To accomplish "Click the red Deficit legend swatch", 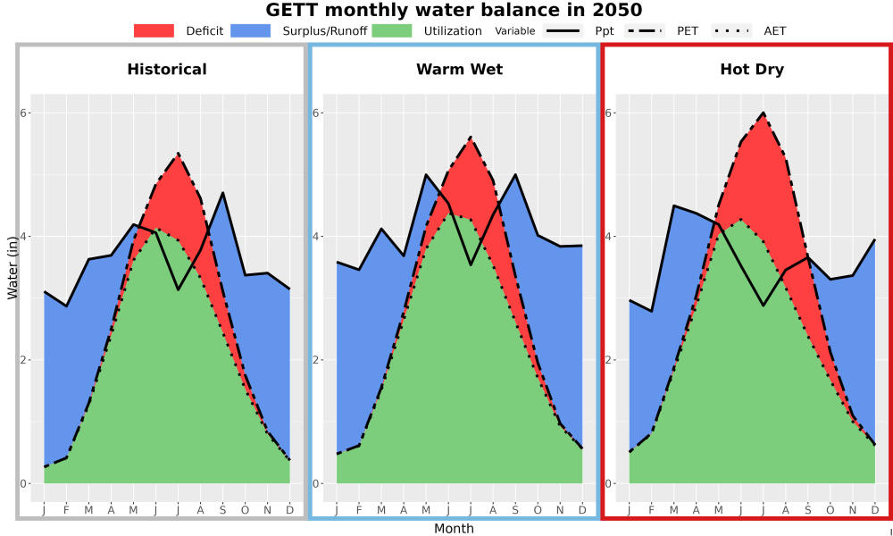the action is click(x=154, y=30).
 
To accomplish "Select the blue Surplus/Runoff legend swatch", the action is click(x=251, y=30).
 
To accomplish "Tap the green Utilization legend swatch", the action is click(x=392, y=30).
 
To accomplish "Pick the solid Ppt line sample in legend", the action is click(x=563, y=30).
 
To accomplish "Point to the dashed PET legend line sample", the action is click(x=645, y=30).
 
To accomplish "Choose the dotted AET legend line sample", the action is click(x=731, y=30).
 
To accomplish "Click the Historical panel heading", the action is click(x=167, y=70).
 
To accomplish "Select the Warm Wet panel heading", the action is click(x=460, y=70).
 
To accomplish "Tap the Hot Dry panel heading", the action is click(x=752, y=70).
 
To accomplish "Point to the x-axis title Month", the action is click(x=454, y=529).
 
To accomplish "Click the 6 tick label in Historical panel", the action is click(x=24, y=113).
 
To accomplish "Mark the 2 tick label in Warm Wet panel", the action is click(x=317, y=360).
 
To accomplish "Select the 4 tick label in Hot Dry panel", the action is click(x=609, y=237).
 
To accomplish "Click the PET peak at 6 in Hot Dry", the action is click(x=764, y=113).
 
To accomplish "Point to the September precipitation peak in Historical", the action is click(x=222, y=193).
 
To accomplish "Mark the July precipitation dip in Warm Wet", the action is click(x=471, y=264).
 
